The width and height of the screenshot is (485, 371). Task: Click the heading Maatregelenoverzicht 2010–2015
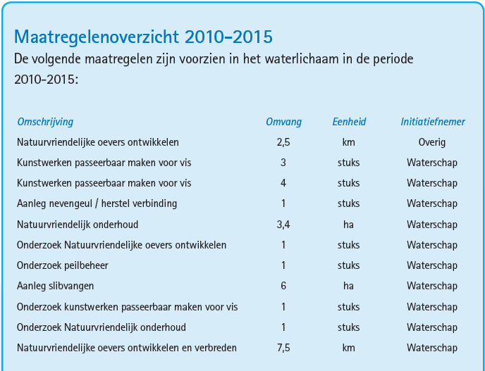(x=143, y=37)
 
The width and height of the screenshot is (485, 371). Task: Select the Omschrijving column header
(x=45, y=122)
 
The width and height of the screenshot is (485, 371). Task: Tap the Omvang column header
(x=283, y=122)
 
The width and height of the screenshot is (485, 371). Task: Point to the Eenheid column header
(x=349, y=122)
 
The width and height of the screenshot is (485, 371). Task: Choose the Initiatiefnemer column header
(x=432, y=122)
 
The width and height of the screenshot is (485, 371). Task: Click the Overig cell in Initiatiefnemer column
(x=432, y=142)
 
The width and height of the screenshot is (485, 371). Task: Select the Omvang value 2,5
(x=283, y=142)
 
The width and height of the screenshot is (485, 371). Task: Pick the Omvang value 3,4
(x=283, y=225)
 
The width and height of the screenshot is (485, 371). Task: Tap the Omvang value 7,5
(x=283, y=348)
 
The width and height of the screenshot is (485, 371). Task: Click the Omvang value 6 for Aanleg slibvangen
(x=283, y=287)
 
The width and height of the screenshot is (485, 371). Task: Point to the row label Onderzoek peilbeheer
(x=63, y=266)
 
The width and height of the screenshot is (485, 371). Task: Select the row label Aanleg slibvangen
(x=55, y=287)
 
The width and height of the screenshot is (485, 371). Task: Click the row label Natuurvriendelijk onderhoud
(x=78, y=225)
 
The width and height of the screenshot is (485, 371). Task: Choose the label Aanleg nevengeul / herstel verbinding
(x=97, y=204)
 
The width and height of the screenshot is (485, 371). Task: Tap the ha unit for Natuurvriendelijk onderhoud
(x=349, y=225)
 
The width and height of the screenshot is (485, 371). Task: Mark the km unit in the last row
(x=349, y=348)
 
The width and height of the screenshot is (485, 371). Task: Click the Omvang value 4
(x=283, y=184)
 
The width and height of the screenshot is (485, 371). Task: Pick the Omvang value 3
(x=283, y=163)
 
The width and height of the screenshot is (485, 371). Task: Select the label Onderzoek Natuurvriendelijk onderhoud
(x=102, y=327)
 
